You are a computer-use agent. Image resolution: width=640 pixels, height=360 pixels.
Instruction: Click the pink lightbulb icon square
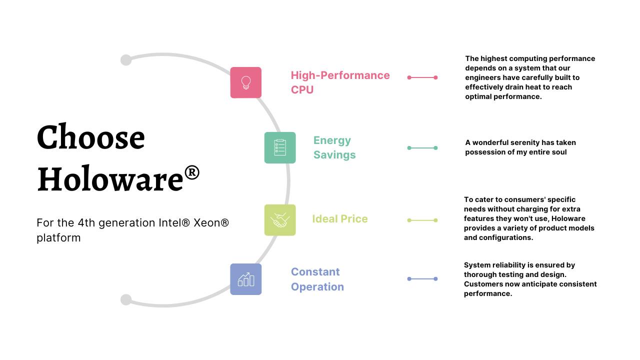(x=245, y=82)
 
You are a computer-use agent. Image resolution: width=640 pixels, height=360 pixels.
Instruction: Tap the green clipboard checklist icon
(x=280, y=147)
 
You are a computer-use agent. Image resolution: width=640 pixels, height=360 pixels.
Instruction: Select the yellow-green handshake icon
(x=280, y=220)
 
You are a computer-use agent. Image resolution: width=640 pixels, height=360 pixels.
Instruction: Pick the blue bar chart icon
(x=245, y=279)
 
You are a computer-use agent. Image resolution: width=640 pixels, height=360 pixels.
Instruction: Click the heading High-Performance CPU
(x=340, y=82)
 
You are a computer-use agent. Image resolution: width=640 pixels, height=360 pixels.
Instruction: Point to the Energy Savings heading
(x=334, y=147)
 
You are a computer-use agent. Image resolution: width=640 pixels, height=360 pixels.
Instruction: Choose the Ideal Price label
(x=339, y=219)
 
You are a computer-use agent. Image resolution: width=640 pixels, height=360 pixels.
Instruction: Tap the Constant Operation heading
(x=317, y=279)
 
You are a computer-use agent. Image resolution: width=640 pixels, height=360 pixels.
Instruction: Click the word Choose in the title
(x=91, y=137)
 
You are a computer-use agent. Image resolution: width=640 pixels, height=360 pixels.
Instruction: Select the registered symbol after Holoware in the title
(x=192, y=172)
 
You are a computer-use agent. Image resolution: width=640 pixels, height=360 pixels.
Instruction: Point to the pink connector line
(x=422, y=77)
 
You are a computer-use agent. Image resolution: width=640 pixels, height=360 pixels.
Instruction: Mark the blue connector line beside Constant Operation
(x=422, y=279)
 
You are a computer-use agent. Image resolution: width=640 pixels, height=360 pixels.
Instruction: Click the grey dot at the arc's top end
(x=126, y=60)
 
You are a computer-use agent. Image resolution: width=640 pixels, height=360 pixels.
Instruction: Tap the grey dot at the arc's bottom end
(x=126, y=299)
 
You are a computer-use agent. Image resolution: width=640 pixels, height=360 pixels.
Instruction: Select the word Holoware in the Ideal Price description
(x=568, y=218)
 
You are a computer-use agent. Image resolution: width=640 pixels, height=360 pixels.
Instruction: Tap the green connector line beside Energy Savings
(x=422, y=148)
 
